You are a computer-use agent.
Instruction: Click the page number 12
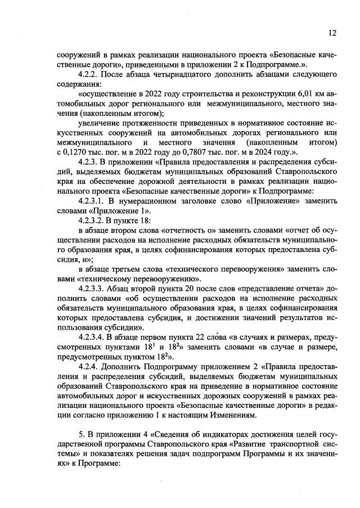coord(332,33)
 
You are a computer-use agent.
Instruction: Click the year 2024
coord(275,152)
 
